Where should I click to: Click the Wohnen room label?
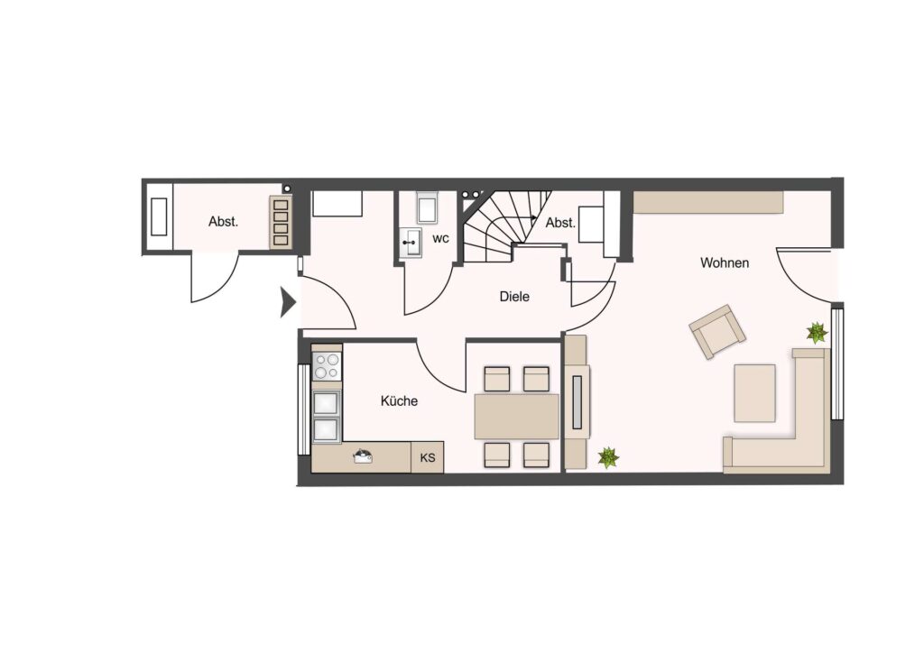pos(725,262)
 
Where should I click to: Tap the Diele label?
pos(514,296)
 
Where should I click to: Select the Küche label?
pos(399,401)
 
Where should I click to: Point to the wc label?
pos(440,238)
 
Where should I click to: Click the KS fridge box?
pos(427,457)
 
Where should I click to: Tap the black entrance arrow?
pos(288,302)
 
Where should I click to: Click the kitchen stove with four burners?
pos(327,365)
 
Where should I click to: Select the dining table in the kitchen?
pos(517,417)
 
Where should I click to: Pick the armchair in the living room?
pos(717,332)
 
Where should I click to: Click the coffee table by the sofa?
pos(754,392)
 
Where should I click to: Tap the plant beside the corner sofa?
pos(817,333)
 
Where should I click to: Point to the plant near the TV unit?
pos(608,457)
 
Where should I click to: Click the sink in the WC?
pos(411,242)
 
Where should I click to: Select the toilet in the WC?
pos(427,207)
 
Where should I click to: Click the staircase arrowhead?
pos(533,216)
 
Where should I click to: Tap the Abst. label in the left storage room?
pos(224,222)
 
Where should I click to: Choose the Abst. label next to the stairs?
pos(559,223)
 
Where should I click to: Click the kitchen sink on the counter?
pos(362,456)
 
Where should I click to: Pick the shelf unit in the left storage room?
pos(281,221)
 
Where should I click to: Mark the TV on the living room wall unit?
pos(577,402)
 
